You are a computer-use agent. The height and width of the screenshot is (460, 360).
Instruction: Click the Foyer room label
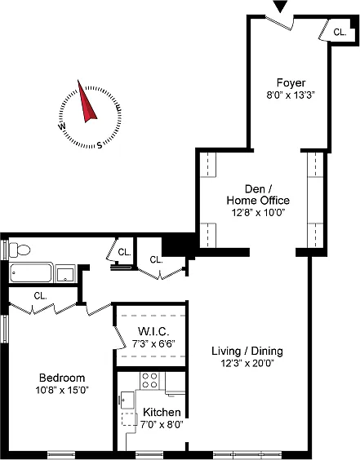[291, 82]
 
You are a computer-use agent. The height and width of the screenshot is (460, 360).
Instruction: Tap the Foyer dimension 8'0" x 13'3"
[291, 95]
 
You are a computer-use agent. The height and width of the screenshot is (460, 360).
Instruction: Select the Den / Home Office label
[258, 194]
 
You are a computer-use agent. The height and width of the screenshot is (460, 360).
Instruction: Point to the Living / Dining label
[247, 351]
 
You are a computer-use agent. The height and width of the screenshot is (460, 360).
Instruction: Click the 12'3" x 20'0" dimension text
[247, 364]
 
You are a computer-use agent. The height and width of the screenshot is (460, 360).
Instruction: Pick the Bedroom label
[62, 378]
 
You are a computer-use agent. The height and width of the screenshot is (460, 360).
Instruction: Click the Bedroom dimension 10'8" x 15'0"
[62, 390]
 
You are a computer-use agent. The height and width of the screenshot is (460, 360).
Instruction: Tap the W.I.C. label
[153, 331]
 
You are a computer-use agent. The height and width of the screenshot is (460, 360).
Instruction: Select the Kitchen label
[162, 412]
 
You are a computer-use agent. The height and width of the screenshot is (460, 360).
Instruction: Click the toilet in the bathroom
[20, 250]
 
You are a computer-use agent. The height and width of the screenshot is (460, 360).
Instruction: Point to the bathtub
[31, 272]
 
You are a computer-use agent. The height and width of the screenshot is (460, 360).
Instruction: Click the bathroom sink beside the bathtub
[66, 274]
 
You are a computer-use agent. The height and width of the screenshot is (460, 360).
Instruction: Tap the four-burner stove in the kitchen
[149, 380]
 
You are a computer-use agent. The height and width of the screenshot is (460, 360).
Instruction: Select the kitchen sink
[127, 400]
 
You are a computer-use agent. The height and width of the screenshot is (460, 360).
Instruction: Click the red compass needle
[87, 103]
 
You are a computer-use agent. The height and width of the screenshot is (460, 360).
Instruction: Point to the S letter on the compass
[100, 145]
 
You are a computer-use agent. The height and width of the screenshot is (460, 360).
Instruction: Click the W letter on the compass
[62, 126]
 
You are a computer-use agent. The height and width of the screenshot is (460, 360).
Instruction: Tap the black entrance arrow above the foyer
[280, 7]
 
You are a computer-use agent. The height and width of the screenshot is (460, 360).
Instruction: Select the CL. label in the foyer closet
[340, 32]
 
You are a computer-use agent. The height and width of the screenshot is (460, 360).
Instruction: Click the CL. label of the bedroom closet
[40, 296]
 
